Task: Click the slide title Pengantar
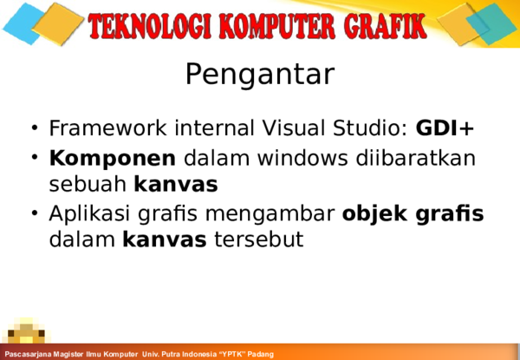259,75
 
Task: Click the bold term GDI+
445,129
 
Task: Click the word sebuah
88,184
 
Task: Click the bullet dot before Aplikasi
34,213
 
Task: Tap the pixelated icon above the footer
29,334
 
